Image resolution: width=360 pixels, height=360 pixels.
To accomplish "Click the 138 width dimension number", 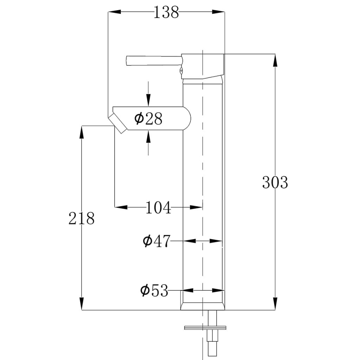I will click(x=166, y=13).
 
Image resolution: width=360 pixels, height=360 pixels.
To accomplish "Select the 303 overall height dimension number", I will click(x=275, y=182).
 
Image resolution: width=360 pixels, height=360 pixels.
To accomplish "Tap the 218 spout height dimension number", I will click(x=82, y=218).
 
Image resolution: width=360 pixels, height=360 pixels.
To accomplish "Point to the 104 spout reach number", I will click(x=158, y=208).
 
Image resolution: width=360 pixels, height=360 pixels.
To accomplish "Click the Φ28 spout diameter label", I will click(x=148, y=119).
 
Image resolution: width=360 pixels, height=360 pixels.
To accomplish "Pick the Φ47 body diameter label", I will click(x=156, y=241).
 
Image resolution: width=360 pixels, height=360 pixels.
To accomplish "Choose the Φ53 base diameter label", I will click(x=154, y=291).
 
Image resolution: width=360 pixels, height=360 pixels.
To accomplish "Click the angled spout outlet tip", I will click(x=117, y=124).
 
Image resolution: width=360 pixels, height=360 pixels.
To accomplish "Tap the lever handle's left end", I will click(x=127, y=60).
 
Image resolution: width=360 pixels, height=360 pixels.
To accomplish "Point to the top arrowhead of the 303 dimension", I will click(x=275, y=60).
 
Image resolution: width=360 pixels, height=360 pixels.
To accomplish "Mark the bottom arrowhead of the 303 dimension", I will click(x=275, y=304).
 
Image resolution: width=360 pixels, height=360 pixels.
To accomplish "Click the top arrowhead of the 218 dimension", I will click(x=82, y=131).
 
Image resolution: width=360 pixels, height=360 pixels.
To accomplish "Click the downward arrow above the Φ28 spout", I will click(x=148, y=100).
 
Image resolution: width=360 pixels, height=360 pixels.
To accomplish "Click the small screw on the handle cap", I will click(x=181, y=71).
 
